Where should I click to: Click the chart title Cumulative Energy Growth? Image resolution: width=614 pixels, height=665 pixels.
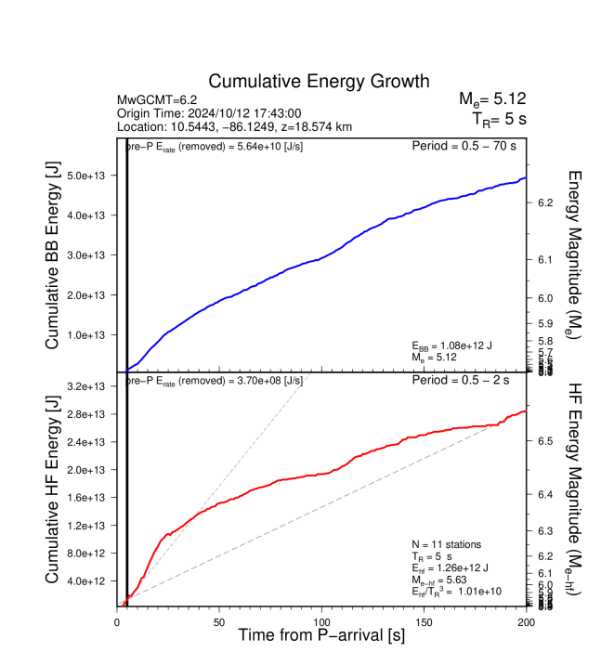319,82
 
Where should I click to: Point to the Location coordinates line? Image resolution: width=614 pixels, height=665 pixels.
234,125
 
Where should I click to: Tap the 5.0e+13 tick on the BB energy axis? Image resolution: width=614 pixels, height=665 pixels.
91,176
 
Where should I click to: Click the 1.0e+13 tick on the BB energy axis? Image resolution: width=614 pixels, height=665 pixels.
91,334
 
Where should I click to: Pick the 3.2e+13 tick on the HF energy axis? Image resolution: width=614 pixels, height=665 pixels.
91,386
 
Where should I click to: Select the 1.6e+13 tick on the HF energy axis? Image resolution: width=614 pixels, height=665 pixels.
91,498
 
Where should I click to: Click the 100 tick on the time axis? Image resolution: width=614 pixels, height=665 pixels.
321,621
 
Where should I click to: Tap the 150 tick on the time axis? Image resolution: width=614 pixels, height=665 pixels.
424,621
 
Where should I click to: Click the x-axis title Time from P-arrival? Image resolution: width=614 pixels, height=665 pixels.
320,636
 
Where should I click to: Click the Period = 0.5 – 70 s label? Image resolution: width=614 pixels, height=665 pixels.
465,146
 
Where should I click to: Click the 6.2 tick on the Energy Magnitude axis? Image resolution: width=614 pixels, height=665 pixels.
546,202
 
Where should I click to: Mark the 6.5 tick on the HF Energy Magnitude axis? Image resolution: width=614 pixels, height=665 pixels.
546,441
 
